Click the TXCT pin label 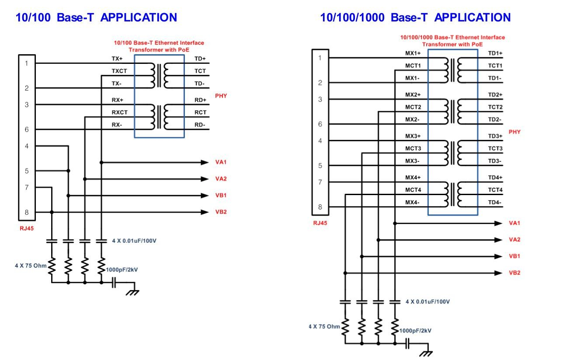(x=119, y=71)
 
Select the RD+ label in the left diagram (x=200, y=100)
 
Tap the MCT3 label (x=413, y=148)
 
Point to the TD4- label (x=495, y=202)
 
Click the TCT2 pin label (x=495, y=107)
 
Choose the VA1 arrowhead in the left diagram (x=205, y=163)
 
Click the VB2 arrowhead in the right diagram (x=498, y=273)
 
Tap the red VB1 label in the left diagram (x=221, y=195)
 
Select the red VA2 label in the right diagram (x=514, y=240)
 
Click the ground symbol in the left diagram (x=132, y=292)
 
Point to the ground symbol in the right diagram (x=426, y=353)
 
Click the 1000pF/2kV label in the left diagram (x=122, y=270)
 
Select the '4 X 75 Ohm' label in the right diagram (x=324, y=327)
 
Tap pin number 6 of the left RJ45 (x=27, y=129)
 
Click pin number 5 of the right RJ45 (x=320, y=165)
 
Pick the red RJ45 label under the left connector (x=27, y=228)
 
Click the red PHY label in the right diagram (x=514, y=132)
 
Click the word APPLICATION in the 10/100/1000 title (x=473, y=17)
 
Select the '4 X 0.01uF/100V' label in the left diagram (x=134, y=241)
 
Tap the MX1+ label (x=413, y=53)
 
